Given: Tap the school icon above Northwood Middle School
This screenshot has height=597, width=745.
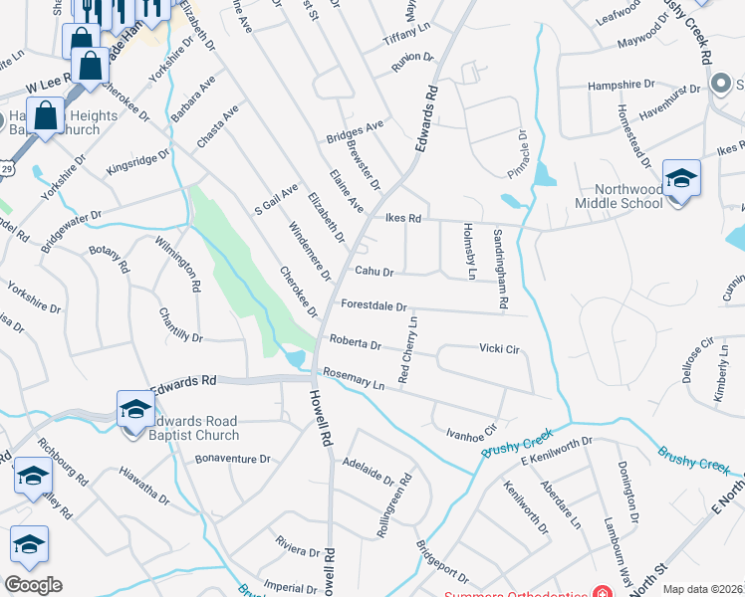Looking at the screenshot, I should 681,179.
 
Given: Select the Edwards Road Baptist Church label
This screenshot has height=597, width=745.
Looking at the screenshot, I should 189,427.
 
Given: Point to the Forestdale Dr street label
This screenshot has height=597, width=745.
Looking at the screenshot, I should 373,306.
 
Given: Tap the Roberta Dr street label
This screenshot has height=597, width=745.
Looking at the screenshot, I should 356,344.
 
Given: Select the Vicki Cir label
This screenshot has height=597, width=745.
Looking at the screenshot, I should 499,349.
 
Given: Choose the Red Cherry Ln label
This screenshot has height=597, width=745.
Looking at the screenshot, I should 407,349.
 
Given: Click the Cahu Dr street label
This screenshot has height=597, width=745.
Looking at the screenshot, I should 374,272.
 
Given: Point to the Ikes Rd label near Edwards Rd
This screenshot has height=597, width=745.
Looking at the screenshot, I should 402,218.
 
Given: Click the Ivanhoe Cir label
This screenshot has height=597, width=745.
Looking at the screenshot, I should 470,432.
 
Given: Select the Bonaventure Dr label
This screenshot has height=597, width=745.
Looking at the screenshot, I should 233,459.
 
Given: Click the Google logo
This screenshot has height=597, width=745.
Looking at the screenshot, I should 34,584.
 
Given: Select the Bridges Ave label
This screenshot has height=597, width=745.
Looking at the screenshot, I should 355,129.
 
